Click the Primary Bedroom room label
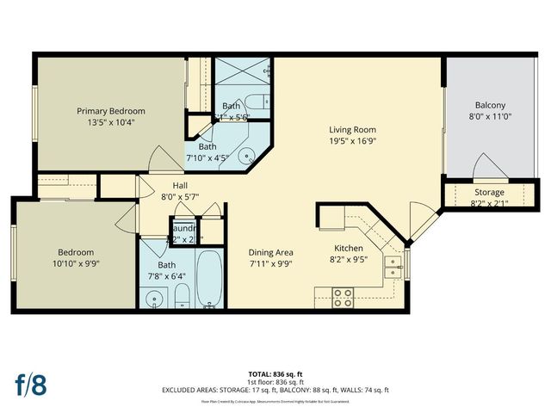point(110,111)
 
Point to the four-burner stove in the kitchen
point(343,297)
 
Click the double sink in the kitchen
point(393,267)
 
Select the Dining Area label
point(271,252)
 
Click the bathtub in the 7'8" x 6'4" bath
point(209,280)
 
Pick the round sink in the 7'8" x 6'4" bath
point(154,300)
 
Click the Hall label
point(179,184)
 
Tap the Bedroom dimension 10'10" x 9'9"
point(71,265)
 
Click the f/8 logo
point(30,385)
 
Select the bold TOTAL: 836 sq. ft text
point(275,374)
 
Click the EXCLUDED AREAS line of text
point(275,391)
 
